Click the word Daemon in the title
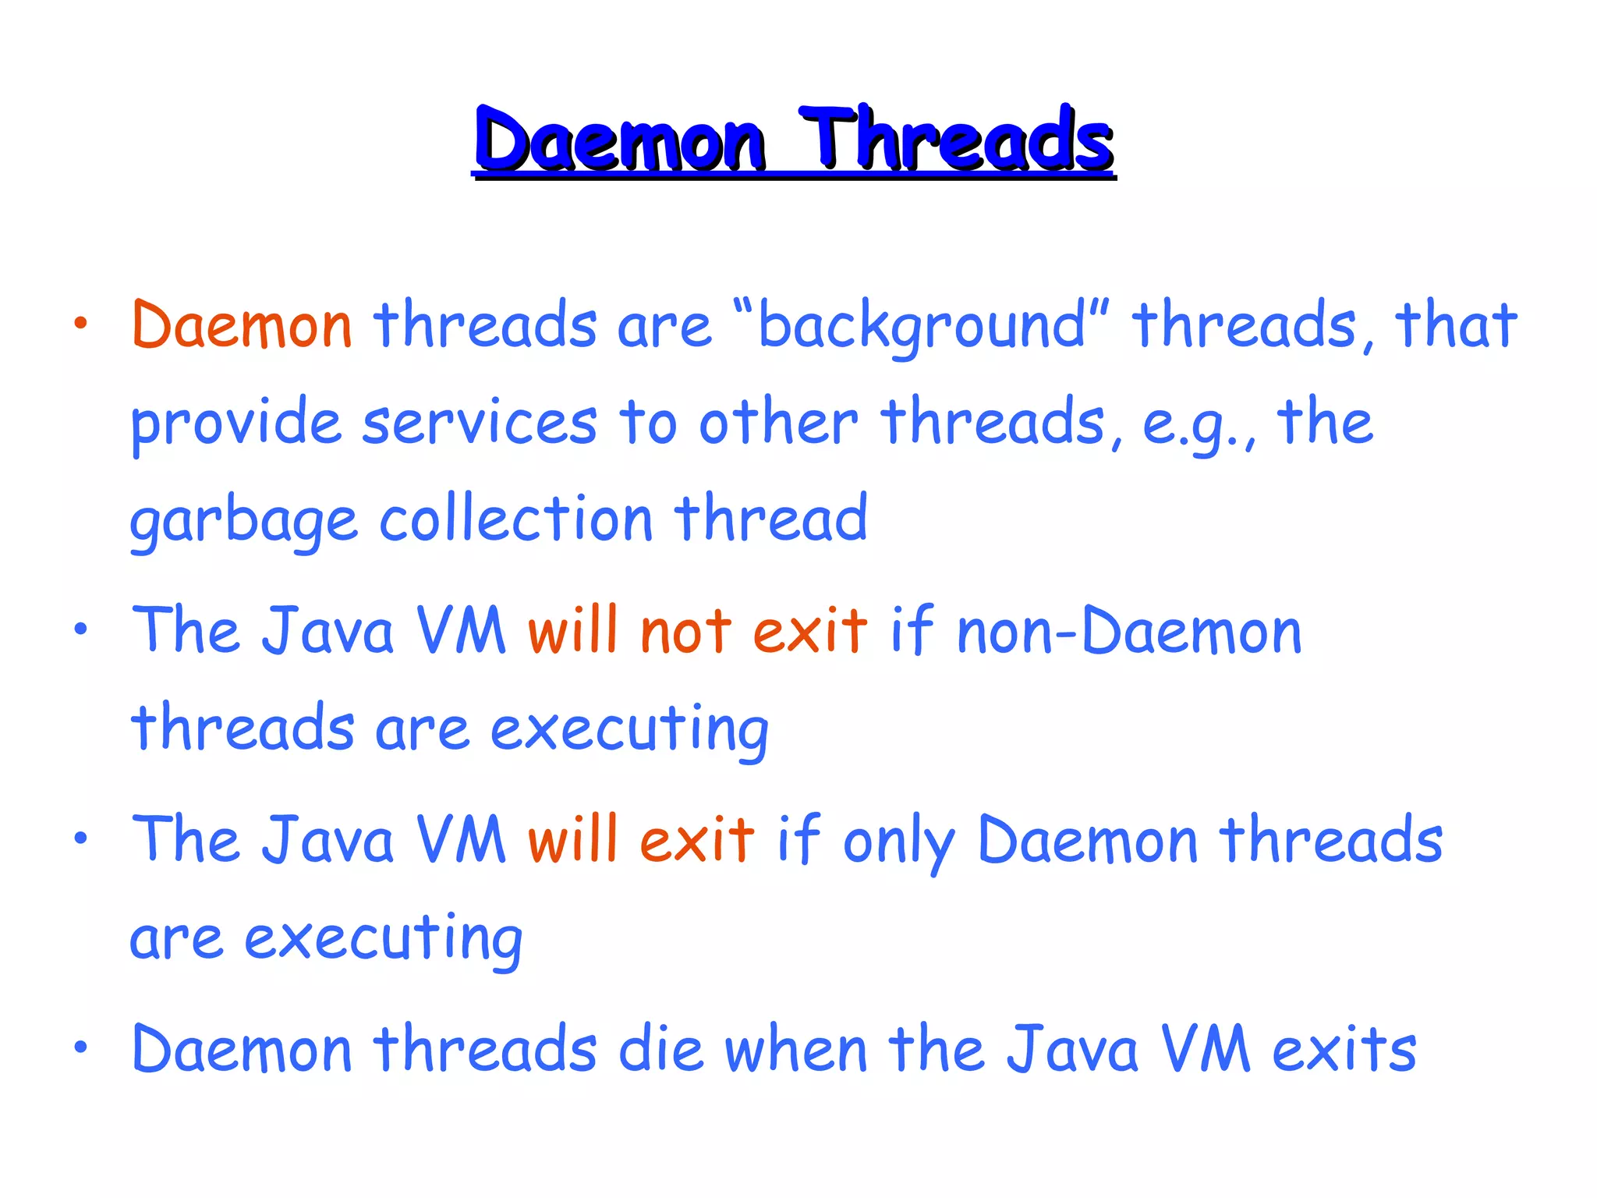[x=620, y=140]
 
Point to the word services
[x=480, y=423]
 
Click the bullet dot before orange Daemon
[x=80, y=323]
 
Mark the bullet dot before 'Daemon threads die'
[x=80, y=1047]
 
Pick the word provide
[x=235, y=424]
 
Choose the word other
[x=777, y=423]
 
